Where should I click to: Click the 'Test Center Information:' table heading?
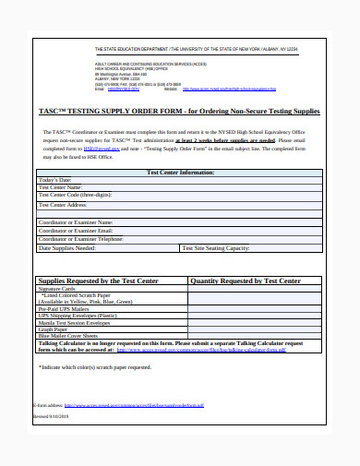coord(180,173)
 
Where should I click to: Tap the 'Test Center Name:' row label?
coord(61,188)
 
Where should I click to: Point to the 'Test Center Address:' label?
coord(64,205)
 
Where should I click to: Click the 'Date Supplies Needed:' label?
coord(66,247)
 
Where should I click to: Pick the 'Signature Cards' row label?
coord(55,289)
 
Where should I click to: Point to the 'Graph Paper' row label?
coord(53,330)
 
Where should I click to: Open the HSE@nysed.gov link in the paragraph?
coord(101,147)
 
